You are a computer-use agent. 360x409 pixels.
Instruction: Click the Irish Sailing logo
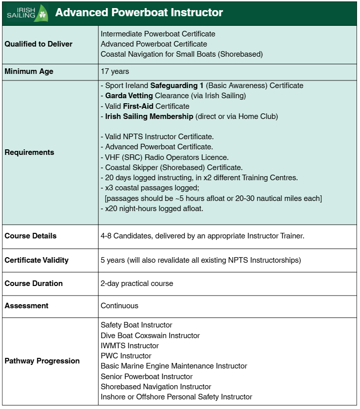(26, 13)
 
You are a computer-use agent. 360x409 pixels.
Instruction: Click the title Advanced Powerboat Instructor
(139, 13)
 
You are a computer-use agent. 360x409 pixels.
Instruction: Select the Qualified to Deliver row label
(38, 44)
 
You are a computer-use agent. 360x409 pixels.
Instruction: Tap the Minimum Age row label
(29, 71)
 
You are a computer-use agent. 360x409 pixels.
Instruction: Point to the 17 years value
(115, 71)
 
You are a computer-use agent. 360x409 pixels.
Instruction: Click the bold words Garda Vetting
(128, 96)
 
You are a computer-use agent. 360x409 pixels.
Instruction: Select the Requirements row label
(29, 152)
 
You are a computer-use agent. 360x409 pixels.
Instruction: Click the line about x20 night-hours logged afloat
(152, 208)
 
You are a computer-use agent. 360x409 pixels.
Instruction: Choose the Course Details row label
(30, 236)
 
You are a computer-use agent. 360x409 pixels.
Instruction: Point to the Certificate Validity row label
(36, 260)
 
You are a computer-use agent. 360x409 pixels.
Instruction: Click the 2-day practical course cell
(137, 283)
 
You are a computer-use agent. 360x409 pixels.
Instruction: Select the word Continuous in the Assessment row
(119, 306)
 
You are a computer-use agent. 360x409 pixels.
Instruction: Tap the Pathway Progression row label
(42, 361)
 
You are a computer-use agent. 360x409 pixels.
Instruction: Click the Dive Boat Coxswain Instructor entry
(150, 336)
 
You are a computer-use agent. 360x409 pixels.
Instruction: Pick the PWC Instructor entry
(126, 356)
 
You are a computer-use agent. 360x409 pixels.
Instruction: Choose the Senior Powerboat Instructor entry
(146, 377)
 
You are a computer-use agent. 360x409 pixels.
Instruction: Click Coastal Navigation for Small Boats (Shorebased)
(182, 54)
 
